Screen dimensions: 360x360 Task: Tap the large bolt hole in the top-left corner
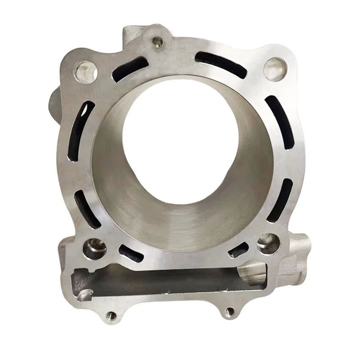(83, 70)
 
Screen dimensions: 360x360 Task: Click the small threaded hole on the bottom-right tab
(229, 310)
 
